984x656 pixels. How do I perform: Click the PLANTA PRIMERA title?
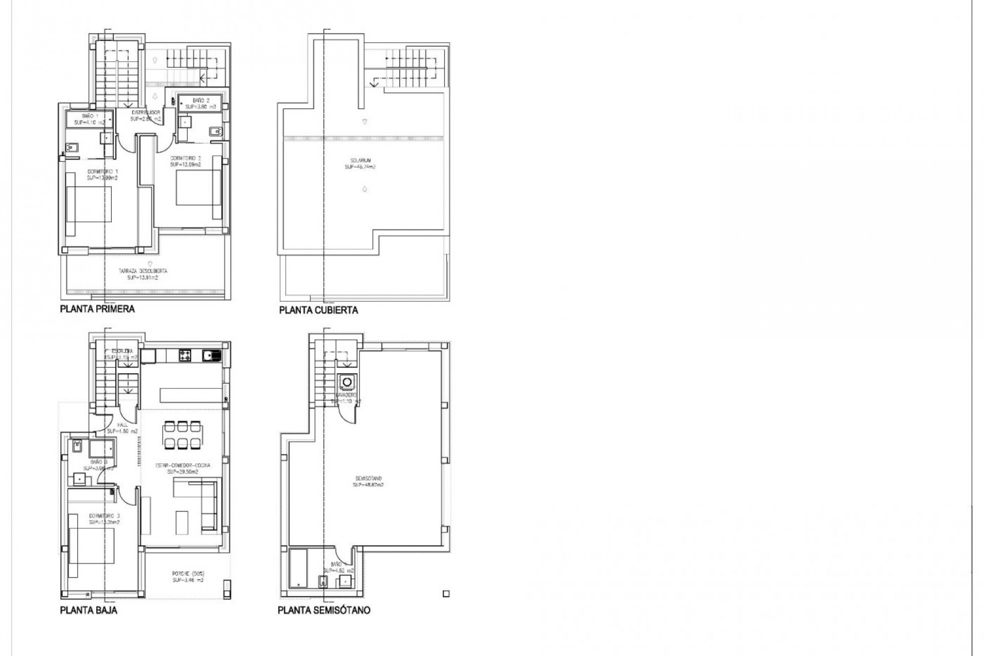(x=97, y=309)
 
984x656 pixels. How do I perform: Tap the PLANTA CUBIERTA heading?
(x=318, y=310)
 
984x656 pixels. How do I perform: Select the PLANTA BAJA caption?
(x=89, y=610)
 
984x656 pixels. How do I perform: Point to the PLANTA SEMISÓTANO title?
(x=324, y=610)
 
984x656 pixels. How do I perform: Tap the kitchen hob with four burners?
(x=185, y=355)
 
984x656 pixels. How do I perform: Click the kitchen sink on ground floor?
(x=211, y=355)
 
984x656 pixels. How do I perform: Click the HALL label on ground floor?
(x=122, y=425)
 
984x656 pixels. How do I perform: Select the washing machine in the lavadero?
(x=347, y=382)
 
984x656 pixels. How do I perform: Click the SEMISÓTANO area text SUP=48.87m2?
(x=368, y=484)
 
